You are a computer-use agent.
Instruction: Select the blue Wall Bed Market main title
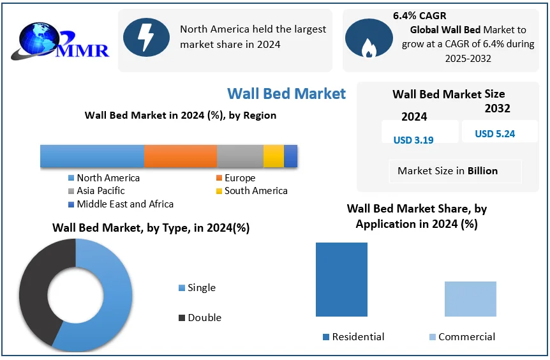click(286, 93)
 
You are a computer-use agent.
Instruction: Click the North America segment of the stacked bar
click(92, 156)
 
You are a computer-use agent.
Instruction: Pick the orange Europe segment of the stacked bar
click(180, 156)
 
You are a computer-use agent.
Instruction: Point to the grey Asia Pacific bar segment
click(240, 156)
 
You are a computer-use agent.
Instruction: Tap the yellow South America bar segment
click(273, 156)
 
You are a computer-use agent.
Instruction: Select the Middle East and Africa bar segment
click(290, 156)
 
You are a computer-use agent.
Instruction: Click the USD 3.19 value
click(413, 140)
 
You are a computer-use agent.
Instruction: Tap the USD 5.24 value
click(494, 134)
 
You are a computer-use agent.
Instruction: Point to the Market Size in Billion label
click(447, 170)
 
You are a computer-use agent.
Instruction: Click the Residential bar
click(341, 279)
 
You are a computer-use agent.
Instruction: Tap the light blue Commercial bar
click(470, 299)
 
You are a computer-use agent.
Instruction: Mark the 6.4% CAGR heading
click(419, 16)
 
